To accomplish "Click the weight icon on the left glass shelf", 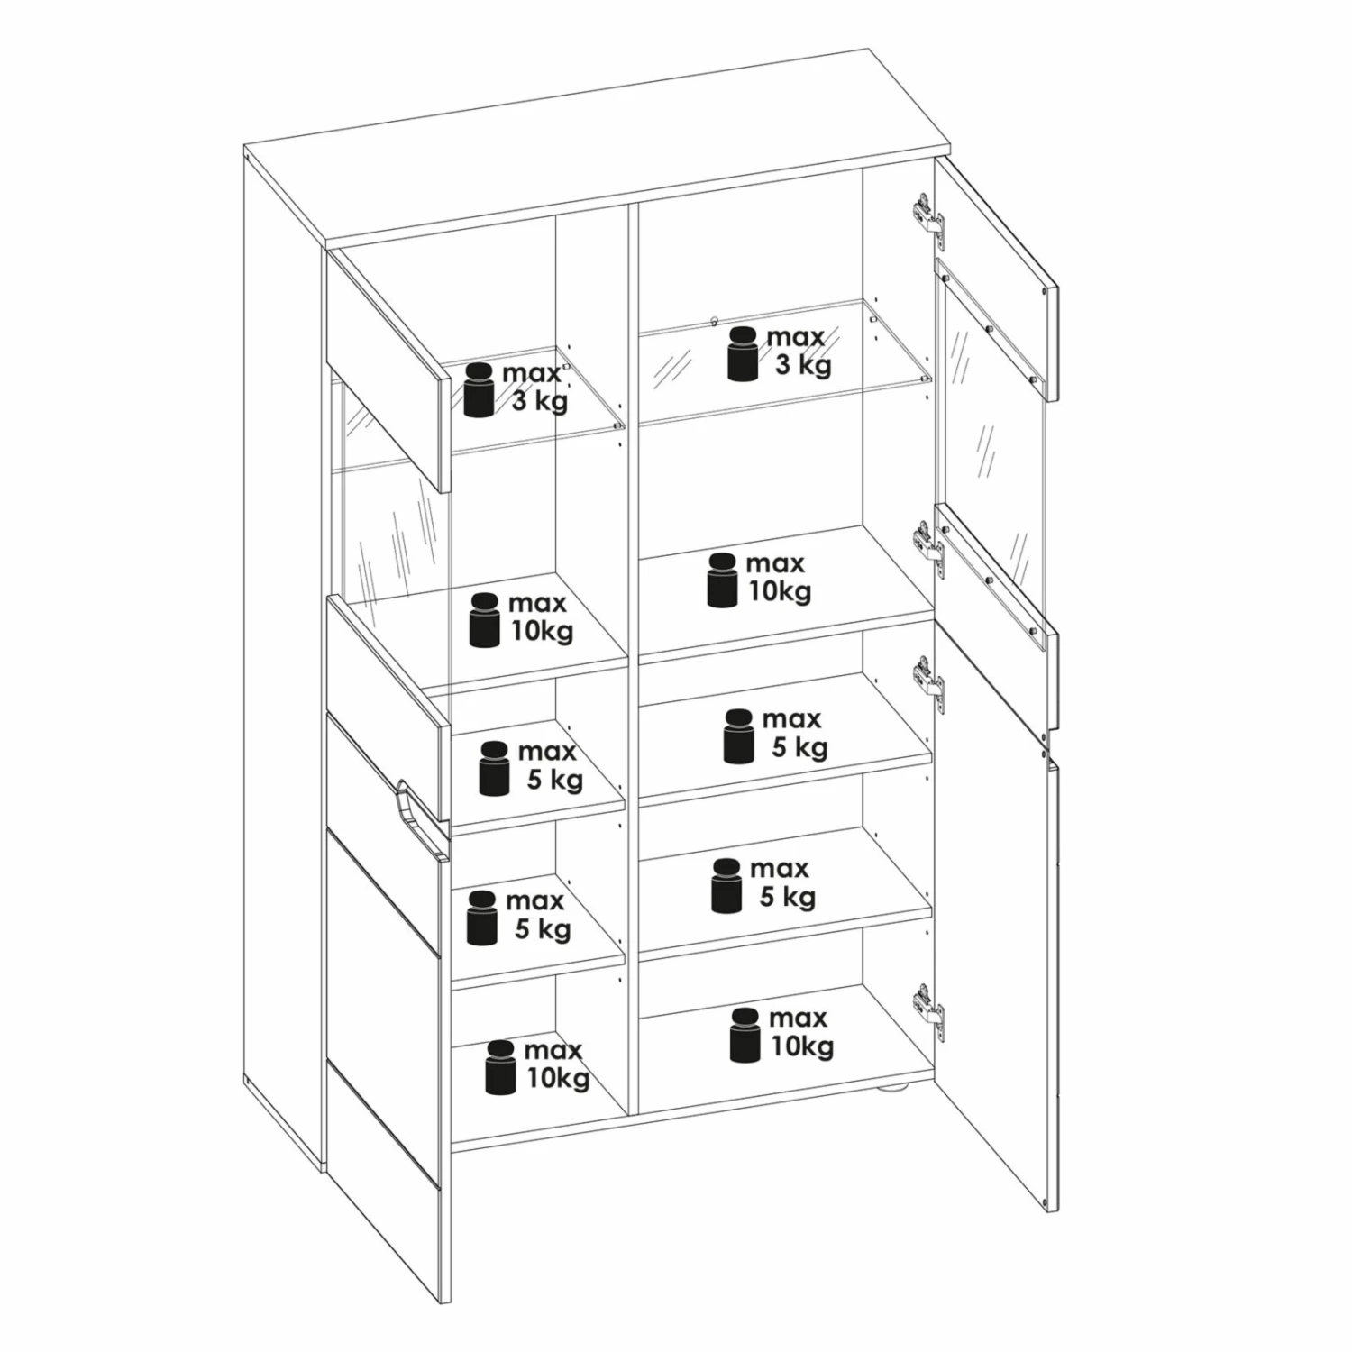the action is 479,390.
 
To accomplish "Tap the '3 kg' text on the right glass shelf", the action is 803,365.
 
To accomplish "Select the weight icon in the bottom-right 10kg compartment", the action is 745,1035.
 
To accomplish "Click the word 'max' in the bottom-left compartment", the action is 553,1050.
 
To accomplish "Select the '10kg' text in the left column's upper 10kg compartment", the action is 543,631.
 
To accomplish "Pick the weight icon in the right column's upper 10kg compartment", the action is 722,580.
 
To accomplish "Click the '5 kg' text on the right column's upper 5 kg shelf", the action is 800,747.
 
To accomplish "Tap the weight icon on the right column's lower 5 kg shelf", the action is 726,885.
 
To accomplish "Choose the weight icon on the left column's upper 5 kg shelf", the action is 494,769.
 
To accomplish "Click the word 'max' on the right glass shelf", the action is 796,337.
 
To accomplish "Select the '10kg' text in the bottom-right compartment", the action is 802,1046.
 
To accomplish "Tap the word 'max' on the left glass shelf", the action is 532,373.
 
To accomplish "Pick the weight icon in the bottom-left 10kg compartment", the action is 500,1067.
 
